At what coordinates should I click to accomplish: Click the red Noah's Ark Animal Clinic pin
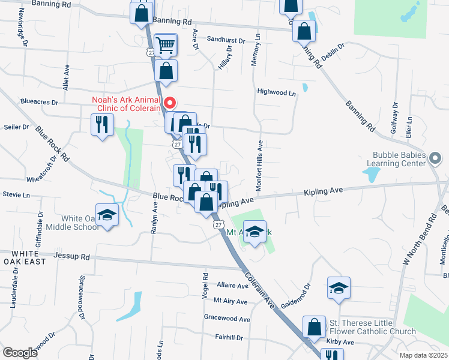click(170, 103)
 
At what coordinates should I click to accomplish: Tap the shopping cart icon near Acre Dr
click(165, 44)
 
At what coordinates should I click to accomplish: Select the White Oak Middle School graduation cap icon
click(107, 215)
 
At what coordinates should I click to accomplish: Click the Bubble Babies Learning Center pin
click(436, 158)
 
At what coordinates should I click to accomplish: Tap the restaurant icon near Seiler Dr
click(101, 125)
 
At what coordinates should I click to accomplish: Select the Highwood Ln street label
click(277, 93)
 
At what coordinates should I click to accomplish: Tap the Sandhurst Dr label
click(226, 40)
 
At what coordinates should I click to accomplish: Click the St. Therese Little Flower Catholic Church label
click(372, 327)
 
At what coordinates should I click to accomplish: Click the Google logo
click(20, 353)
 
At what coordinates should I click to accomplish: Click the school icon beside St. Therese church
click(339, 289)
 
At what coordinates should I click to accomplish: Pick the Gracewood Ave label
click(226, 319)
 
